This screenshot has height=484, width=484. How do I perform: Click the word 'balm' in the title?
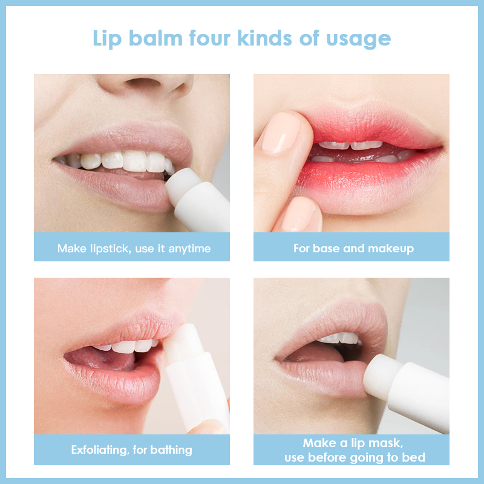pyautogui.click(x=155, y=38)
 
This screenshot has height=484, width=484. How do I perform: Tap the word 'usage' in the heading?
pyautogui.click(x=358, y=40)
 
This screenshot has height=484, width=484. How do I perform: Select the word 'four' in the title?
pyautogui.click(x=209, y=38)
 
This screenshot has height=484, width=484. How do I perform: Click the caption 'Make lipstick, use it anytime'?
pyautogui.click(x=134, y=249)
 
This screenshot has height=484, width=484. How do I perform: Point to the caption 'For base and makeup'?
pyautogui.click(x=353, y=249)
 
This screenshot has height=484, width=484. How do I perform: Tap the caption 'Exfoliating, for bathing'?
pyautogui.click(x=132, y=450)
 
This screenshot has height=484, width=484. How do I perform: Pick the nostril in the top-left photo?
pyautogui.click(x=143, y=82)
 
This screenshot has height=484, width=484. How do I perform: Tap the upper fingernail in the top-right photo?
pyautogui.click(x=280, y=133)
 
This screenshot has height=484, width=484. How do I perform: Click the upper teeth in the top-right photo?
pyautogui.click(x=350, y=145)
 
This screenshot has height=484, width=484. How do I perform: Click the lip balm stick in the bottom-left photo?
pyautogui.click(x=194, y=376)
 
